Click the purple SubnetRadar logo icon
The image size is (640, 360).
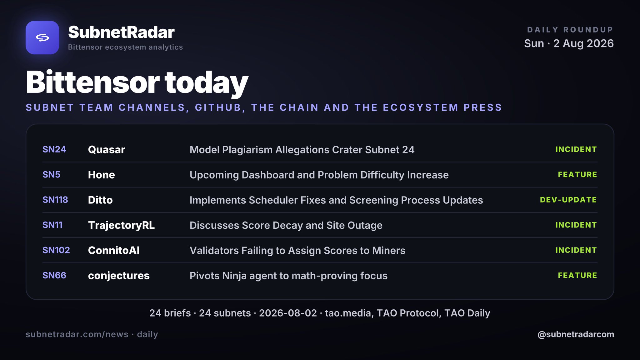tap(42, 37)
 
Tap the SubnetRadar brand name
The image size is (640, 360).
tap(121, 32)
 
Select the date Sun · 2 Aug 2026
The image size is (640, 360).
tap(569, 43)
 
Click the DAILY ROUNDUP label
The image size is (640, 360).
tap(570, 30)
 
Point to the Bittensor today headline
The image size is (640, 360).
tap(137, 82)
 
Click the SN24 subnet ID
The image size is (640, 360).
tap(54, 149)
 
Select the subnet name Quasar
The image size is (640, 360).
tap(107, 150)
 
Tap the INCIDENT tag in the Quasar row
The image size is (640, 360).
tap(576, 149)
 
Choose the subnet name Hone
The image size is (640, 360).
tap(102, 175)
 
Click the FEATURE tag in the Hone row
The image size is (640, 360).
tap(577, 174)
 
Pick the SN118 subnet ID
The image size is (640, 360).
tap(55, 200)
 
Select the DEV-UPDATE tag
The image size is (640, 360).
tap(568, 200)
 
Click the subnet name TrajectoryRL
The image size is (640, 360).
tap(121, 225)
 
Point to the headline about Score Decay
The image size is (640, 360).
tap(286, 225)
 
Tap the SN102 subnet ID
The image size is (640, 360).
tap(56, 250)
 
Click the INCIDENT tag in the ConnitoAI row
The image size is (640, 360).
tap(576, 250)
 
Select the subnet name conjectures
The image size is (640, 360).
tap(119, 276)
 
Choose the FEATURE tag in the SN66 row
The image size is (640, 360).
tap(577, 275)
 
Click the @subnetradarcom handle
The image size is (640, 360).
tap(576, 334)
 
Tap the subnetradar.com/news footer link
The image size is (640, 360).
tap(77, 334)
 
